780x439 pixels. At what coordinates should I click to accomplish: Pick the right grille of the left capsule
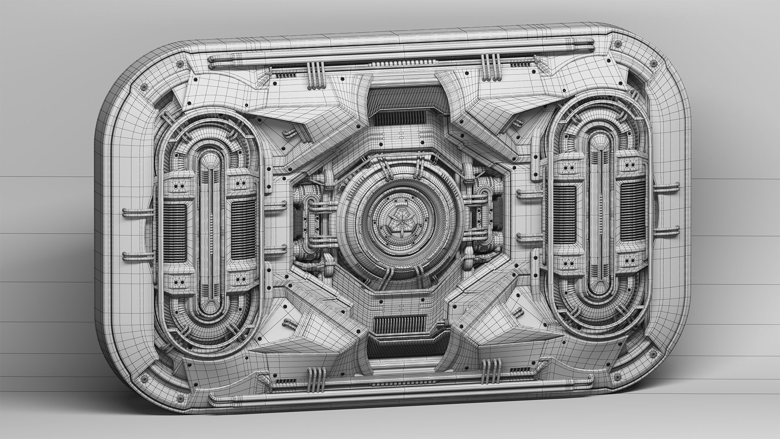(243, 230)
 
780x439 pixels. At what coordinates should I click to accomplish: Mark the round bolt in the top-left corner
(143, 87)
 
